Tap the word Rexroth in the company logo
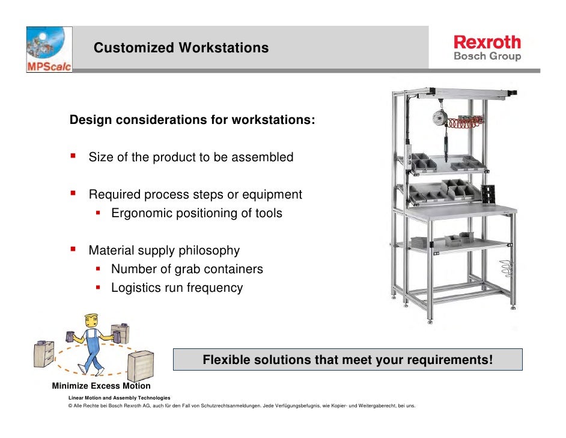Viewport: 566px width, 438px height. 487,42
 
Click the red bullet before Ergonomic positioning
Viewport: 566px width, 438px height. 100,212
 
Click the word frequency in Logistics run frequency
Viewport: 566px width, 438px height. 215,288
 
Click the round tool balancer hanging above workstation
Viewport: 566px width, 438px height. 442,118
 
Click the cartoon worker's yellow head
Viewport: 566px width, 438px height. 91,318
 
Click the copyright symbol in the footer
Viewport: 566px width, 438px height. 71,406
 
